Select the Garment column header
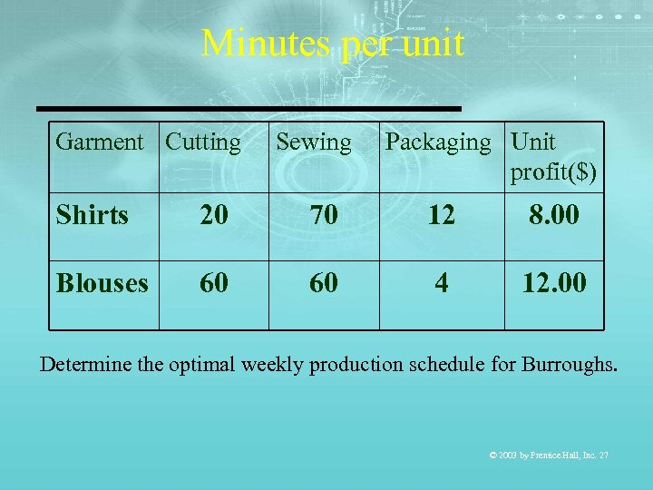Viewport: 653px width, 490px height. (99, 142)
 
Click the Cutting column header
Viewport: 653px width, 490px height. (204, 142)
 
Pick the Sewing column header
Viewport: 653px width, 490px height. (313, 142)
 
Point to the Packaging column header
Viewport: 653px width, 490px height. (437, 142)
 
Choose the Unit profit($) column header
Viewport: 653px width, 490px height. (553, 157)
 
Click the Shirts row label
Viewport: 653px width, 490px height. (93, 215)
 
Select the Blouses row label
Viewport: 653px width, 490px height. (102, 283)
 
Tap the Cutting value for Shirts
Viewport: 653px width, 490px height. (214, 215)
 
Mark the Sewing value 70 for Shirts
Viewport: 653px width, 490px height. (324, 215)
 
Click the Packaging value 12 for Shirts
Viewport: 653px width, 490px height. (441, 215)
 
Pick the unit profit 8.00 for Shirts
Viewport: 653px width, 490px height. (553, 215)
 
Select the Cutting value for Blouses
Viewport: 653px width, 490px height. (214, 283)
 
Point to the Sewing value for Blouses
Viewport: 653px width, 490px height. (324, 283)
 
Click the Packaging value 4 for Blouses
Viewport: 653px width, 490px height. (441, 283)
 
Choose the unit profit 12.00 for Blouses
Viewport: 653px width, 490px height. (553, 283)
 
